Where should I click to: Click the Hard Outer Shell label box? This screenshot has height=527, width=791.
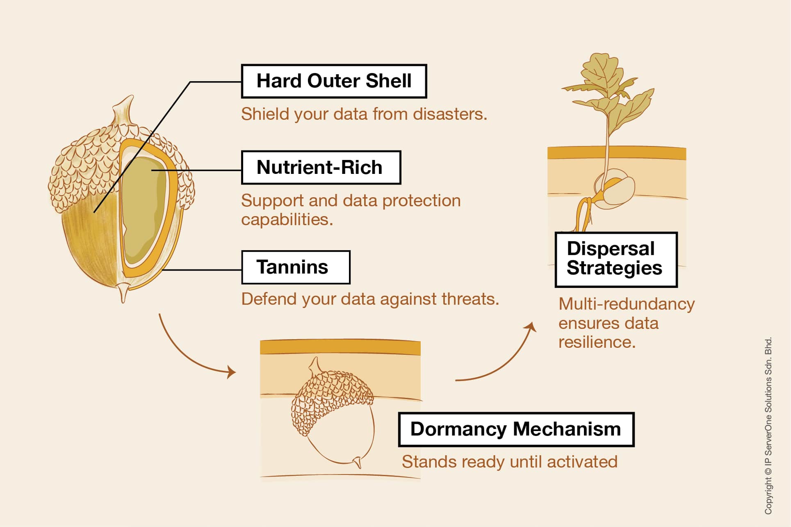pos(334,81)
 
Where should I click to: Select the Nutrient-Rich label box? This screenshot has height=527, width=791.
pos(321,167)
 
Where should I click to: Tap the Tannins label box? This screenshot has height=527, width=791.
pos(296,267)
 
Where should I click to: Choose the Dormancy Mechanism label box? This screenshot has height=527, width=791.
pos(516,429)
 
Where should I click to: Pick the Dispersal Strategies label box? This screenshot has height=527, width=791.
pos(615,259)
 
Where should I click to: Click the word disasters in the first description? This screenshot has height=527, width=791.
pos(450,114)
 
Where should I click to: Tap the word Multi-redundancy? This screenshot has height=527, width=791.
pos(627,304)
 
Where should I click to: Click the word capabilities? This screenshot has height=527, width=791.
pos(287,219)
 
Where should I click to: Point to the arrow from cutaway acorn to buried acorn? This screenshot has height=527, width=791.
pos(189,353)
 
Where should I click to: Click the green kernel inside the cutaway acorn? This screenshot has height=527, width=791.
pos(144,209)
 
